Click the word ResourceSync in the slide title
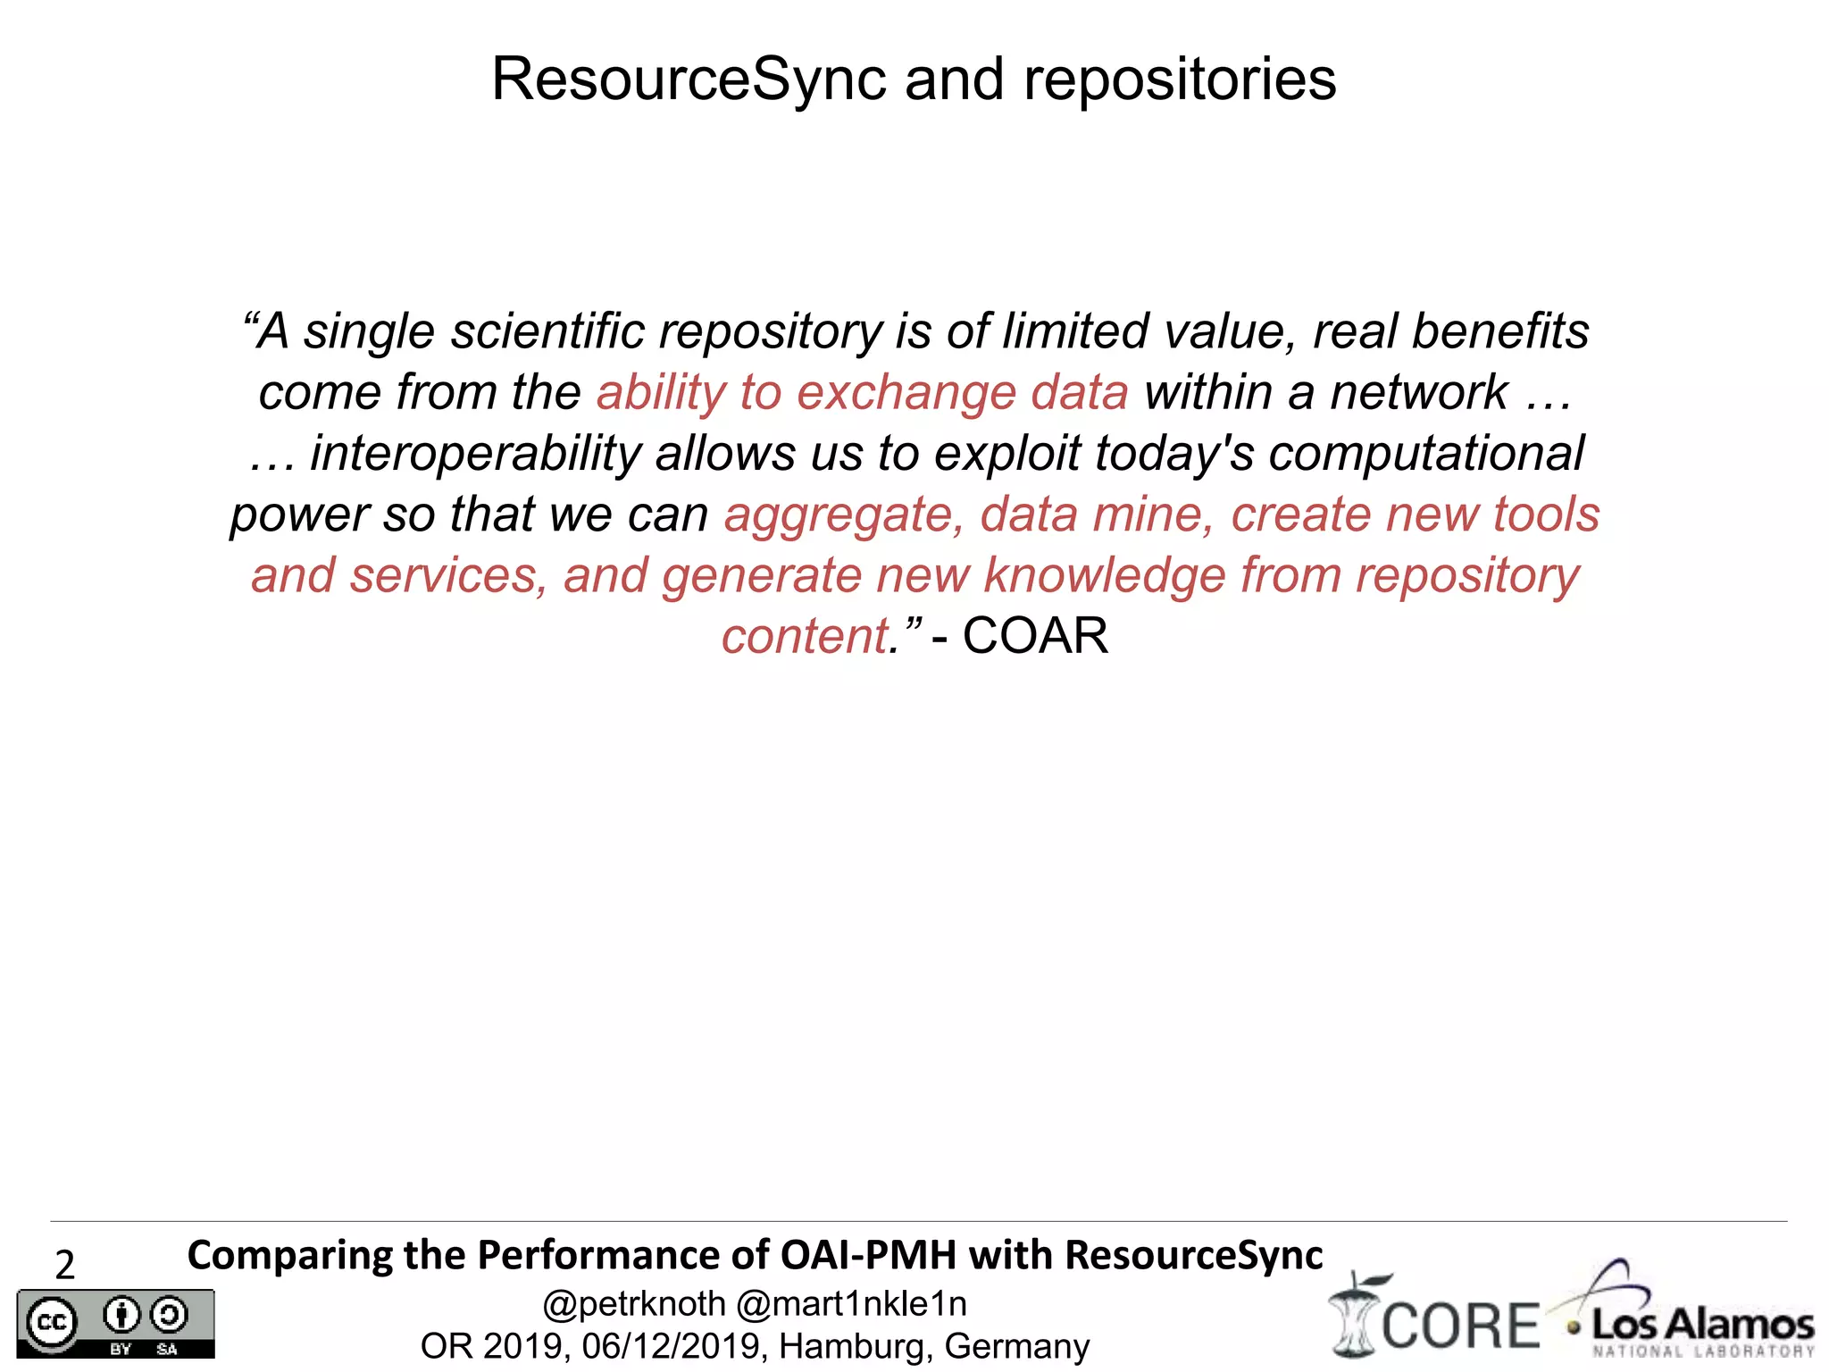pyautogui.click(x=689, y=80)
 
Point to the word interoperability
pyautogui.click(x=475, y=454)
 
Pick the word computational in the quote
pyautogui.click(x=1425, y=454)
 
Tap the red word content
pyautogui.click(x=805, y=637)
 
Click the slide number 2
pyautogui.click(x=64, y=1265)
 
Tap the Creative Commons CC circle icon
pyautogui.click(x=51, y=1322)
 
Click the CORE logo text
pyautogui.click(x=1461, y=1326)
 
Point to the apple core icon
pyautogui.click(x=1355, y=1315)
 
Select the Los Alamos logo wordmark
pyautogui.click(x=1702, y=1324)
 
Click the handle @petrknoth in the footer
pyautogui.click(x=634, y=1304)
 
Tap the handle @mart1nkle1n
pyautogui.click(x=851, y=1304)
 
